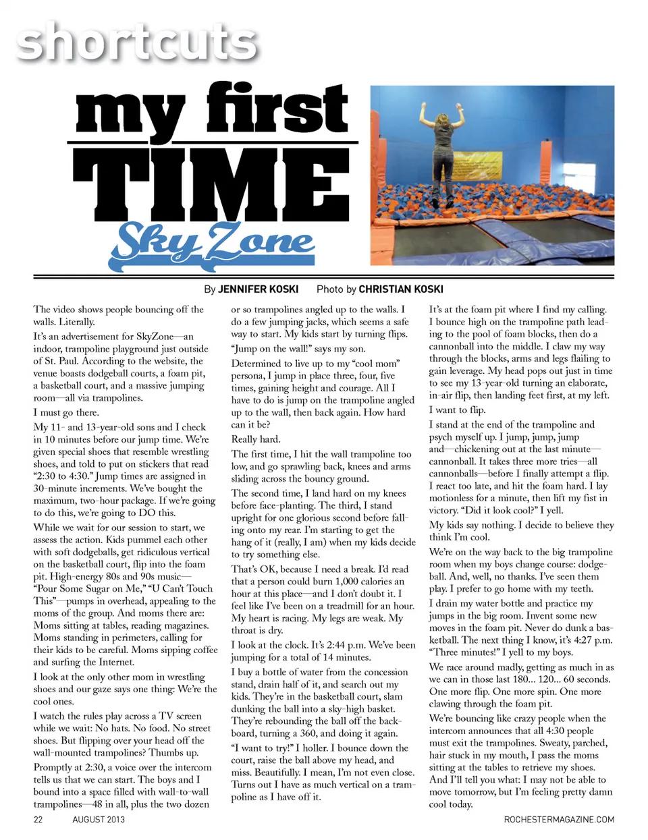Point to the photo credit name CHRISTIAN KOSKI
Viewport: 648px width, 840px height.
[400, 289]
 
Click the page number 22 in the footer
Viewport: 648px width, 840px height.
[38, 820]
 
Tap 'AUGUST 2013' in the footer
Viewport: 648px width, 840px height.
[98, 820]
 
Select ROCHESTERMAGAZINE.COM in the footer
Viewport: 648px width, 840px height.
[559, 820]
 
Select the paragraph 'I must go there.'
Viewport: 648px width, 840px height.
[66, 412]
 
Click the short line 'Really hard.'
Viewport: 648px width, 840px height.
[255, 439]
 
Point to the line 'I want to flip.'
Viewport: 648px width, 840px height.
[457, 410]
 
